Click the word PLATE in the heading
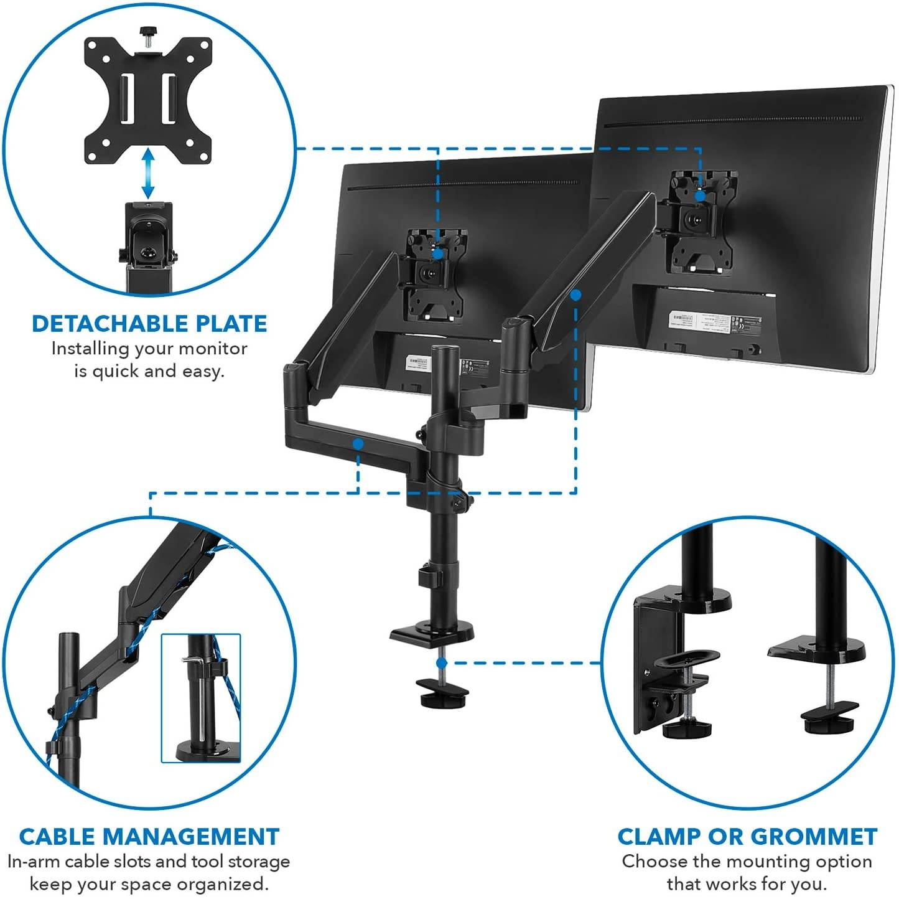[x=230, y=324]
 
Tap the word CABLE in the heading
[x=56, y=836]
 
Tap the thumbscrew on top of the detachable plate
[x=147, y=32]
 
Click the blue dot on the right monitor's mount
[x=700, y=195]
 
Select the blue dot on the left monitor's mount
[x=438, y=254]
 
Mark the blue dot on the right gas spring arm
[x=575, y=295]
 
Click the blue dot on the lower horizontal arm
[x=358, y=444]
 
